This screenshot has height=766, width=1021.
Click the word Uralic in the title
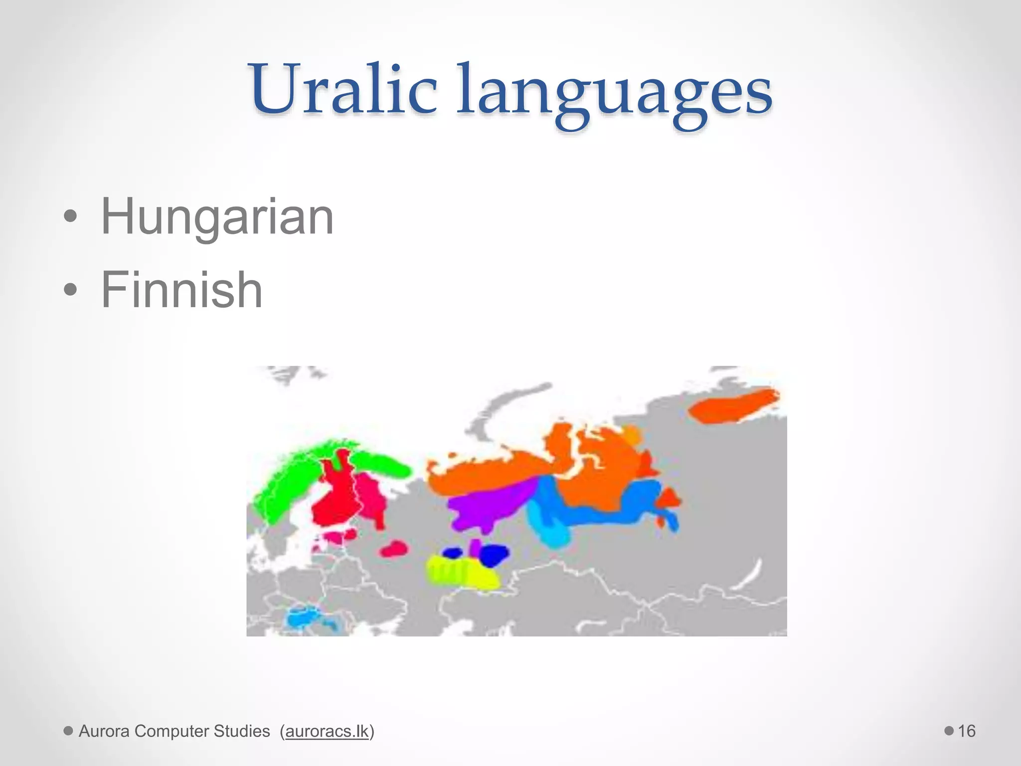point(344,90)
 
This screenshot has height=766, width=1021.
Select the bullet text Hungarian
point(217,217)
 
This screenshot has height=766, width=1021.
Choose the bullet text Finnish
point(181,290)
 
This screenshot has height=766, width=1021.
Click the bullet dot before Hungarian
point(70,217)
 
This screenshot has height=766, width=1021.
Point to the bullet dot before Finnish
point(70,290)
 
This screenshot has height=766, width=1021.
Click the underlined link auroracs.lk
point(327,731)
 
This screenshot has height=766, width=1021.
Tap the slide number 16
point(966,731)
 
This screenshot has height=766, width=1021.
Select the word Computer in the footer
point(171,731)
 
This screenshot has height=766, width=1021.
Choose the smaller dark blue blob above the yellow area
point(453,553)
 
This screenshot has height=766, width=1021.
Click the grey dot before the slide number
point(949,731)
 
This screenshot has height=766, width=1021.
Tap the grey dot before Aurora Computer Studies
point(68,731)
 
